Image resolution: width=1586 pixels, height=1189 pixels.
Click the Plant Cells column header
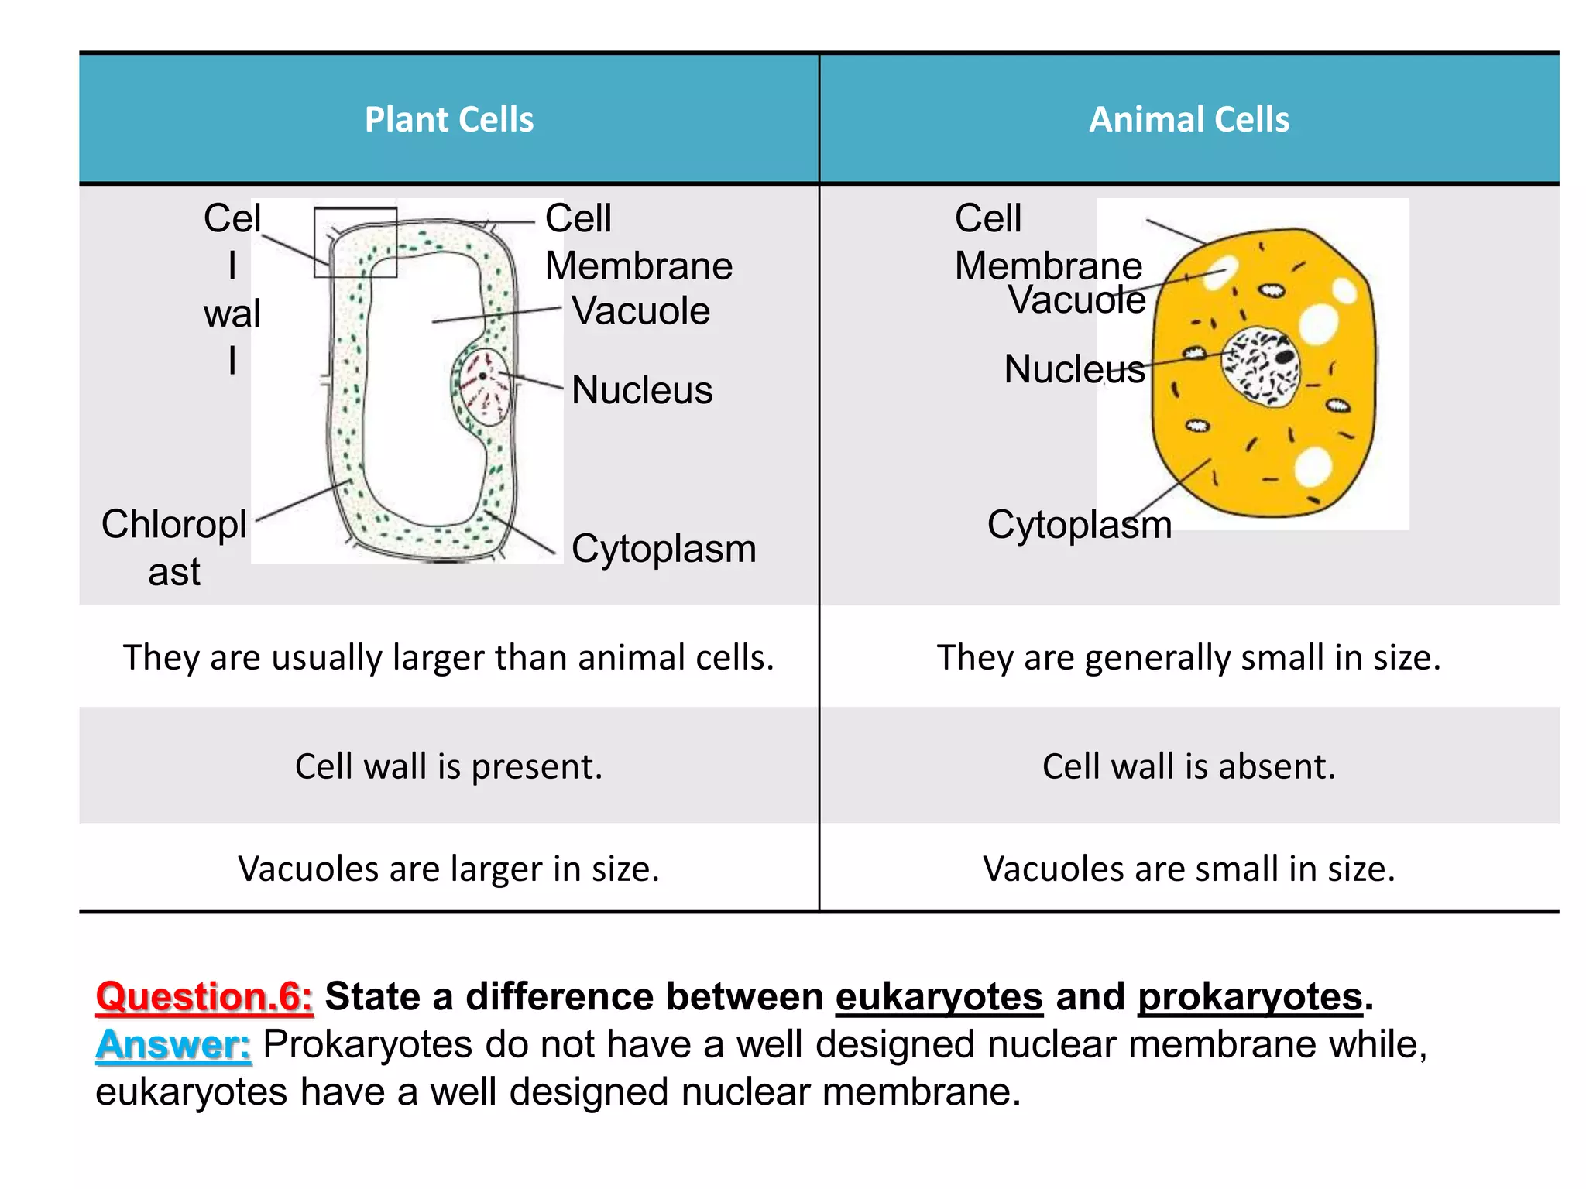click(x=449, y=120)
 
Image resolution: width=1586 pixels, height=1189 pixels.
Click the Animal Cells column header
click(x=1189, y=120)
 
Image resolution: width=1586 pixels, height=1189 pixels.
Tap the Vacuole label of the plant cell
click(x=640, y=311)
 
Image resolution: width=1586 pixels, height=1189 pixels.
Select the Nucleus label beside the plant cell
click(x=642, y=390)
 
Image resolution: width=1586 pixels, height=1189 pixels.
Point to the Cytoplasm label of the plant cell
click(x=664, y=549)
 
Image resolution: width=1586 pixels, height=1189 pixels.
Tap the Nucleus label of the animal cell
click(x=1074, y=369)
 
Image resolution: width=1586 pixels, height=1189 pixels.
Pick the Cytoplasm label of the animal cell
click(x=1079, y=525)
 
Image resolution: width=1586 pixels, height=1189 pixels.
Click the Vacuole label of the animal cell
click(x=1076, y=300)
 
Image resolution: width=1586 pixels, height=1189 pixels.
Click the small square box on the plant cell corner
click(x=355, y=242)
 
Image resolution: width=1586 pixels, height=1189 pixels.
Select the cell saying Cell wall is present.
click(x=449, y=766)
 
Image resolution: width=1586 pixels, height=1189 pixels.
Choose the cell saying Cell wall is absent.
click(x=1189, y=766)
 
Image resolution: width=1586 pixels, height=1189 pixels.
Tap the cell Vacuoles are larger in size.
click(x=449, y=869)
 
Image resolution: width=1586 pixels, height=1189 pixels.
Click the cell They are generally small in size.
click(x=1189, y=657)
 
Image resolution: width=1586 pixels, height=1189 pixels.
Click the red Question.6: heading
click(x=204, y=996)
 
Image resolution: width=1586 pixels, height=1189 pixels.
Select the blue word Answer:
click(x=173, y=1044)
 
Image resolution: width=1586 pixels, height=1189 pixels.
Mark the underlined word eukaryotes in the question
click(x=939, y=996)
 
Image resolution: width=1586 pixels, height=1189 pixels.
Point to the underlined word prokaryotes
click(x=1249, y=996)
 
